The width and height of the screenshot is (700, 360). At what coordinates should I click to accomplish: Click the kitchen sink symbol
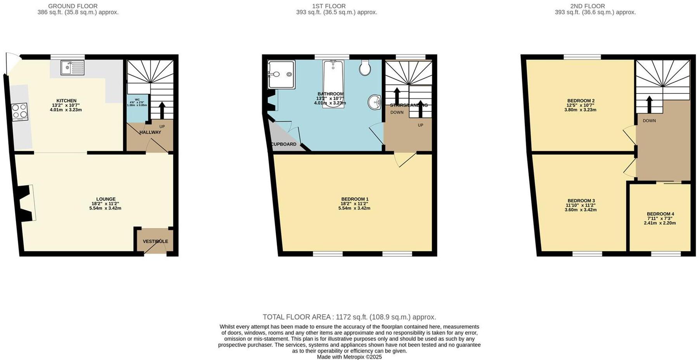(72, 67)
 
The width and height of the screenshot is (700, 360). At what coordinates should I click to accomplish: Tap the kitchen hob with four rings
(20, 111)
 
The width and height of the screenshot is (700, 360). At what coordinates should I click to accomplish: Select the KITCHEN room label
(66, 101)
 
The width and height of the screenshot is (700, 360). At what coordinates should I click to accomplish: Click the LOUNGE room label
(106, 199)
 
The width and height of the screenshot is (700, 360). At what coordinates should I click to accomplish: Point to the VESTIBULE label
(155, 241)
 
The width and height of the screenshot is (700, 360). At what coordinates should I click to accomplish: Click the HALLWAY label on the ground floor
(150, 132)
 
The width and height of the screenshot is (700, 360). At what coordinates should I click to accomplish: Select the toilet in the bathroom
(365, 67)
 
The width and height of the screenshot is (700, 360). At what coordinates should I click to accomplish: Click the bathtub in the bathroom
(333, 83)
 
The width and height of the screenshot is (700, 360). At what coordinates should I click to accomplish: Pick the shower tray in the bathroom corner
(281, 74)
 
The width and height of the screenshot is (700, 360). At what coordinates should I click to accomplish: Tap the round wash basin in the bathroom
(374, 103)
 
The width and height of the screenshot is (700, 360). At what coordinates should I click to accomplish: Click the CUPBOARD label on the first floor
(284, 144)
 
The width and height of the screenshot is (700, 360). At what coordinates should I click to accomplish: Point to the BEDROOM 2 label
(580, 101)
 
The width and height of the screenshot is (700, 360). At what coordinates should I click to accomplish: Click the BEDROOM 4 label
(660, 214)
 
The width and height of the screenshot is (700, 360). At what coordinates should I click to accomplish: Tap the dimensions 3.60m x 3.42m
(580, 210)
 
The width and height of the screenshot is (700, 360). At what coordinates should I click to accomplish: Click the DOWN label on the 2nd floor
(649, 121)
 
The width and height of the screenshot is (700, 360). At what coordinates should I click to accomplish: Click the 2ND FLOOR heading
(587, 6)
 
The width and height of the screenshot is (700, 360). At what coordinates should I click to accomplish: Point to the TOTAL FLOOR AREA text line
(349, 317)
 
